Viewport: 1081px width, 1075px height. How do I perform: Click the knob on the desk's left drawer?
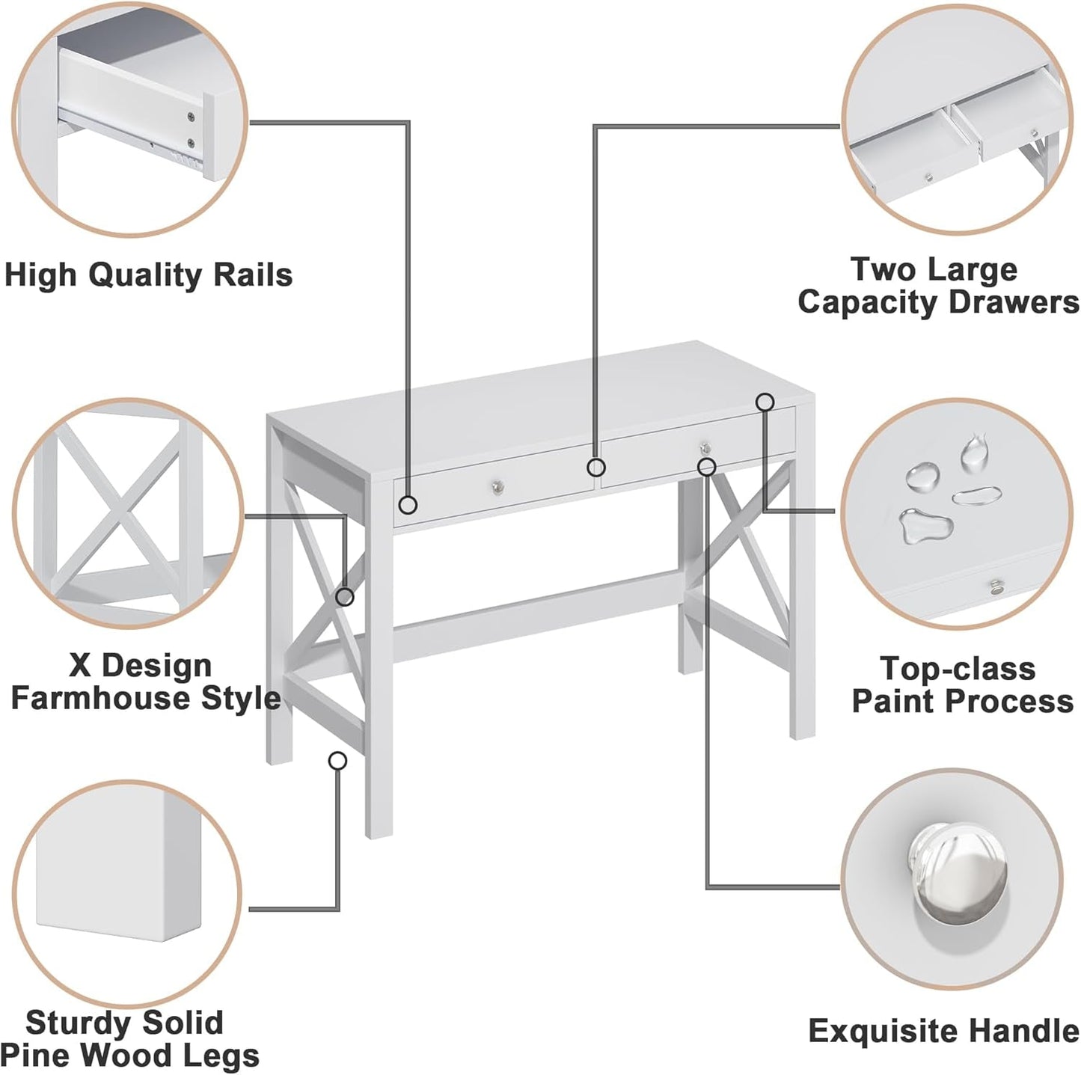(498, 487)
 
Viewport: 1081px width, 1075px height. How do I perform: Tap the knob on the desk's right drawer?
(703, 447)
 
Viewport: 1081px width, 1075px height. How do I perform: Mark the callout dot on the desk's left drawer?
(408, 505)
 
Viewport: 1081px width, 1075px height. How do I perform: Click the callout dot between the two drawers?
(595, 468)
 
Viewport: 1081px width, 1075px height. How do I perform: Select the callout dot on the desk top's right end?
(764, 402)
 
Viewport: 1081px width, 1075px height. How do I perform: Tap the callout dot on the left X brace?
(345, 596)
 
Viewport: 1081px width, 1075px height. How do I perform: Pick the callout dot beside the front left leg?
(338, 761)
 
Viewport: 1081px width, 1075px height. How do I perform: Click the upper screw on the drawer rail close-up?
(191, 116)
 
